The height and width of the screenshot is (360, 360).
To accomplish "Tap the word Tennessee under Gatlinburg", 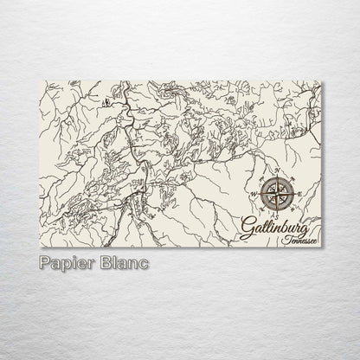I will coord(299,238).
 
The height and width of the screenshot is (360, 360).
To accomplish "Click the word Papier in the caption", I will coord(66,261).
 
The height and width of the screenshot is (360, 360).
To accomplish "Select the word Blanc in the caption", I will coord(123,261).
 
